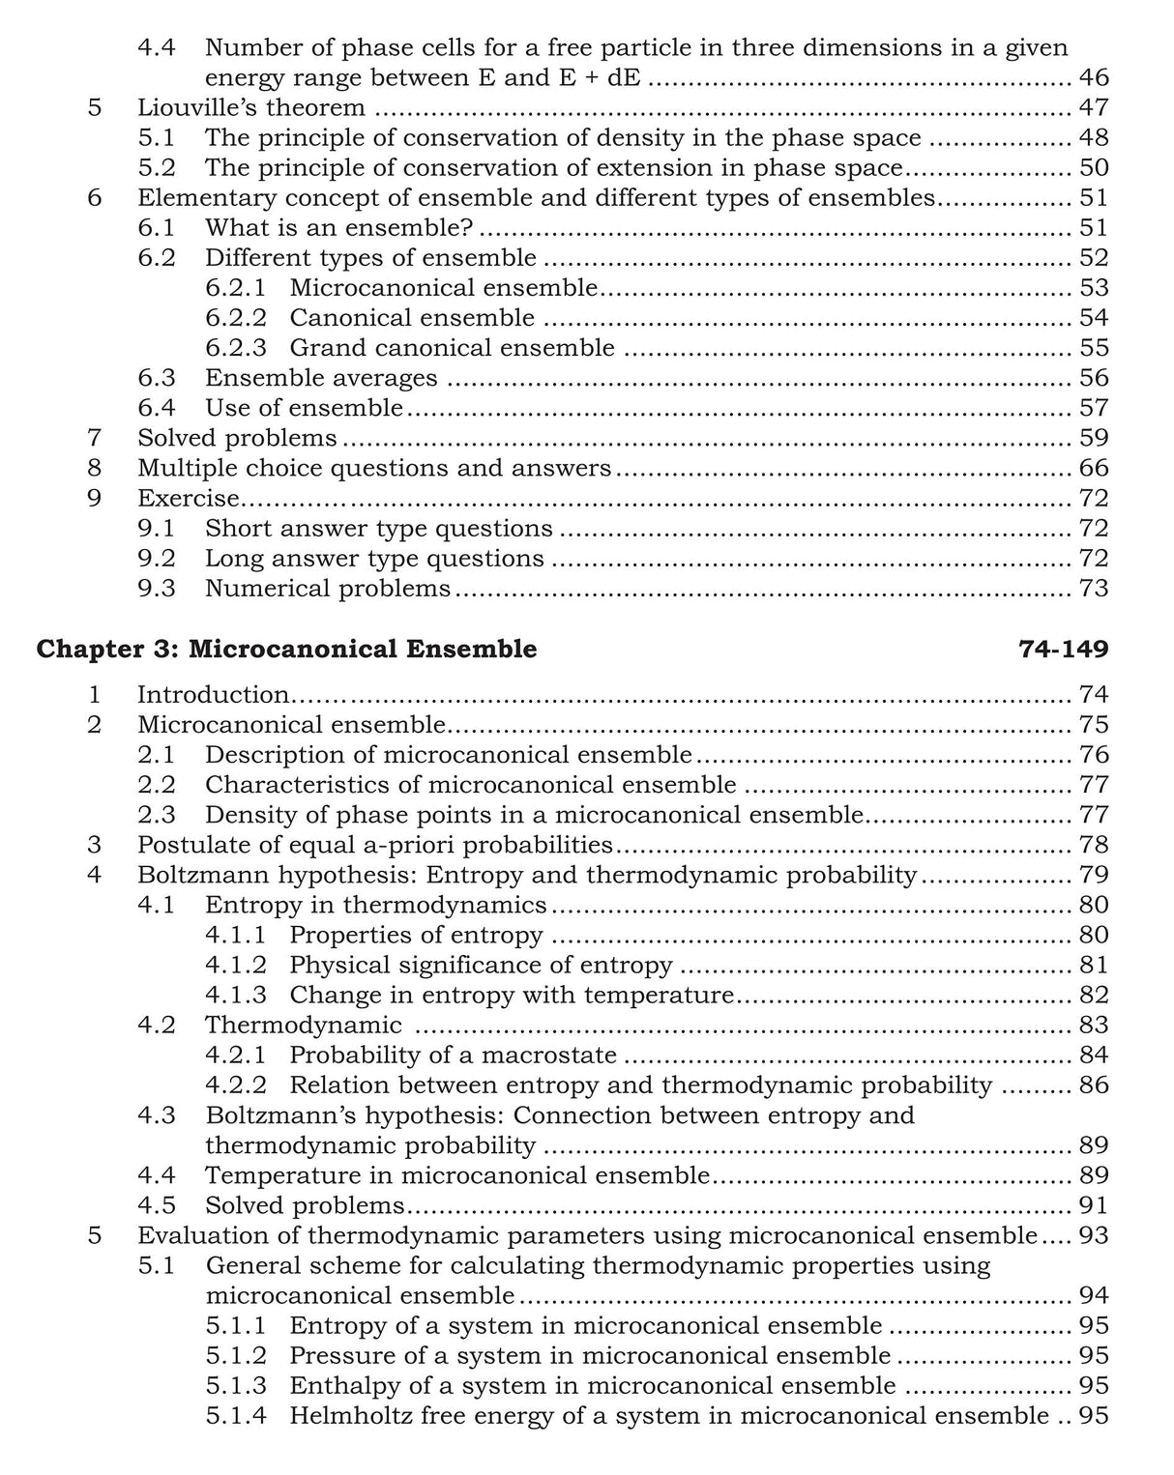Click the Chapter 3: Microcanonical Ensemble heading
[286, 649]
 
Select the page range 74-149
[1063, 649]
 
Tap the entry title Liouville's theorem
[251, 107]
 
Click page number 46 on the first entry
[1093, 77]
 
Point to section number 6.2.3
[236, 348]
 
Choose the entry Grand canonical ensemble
[452, 348]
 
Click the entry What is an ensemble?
[342, 228]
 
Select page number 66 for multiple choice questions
[1093, 469]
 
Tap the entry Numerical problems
[328, 589]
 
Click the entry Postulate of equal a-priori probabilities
[375, 845]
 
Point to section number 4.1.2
[236, 965]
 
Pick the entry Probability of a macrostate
[453, 1055]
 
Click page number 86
[1093, 1085]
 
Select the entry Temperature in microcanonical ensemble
[457, 1175]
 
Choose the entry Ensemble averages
[321, 378]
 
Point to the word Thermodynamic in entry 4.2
[304, 1025]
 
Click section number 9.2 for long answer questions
[157, 559]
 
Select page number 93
[1093, 1235]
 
